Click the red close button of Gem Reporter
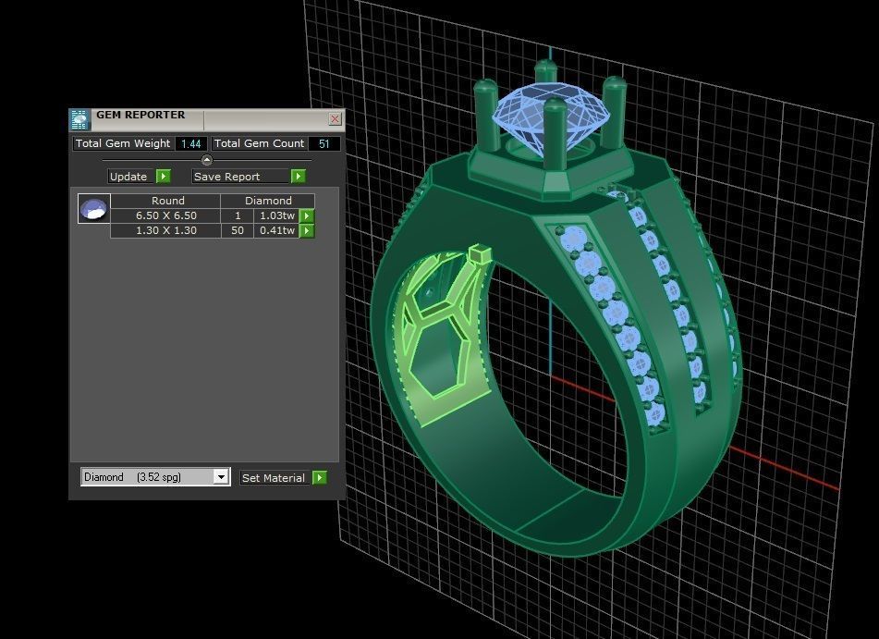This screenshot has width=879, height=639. point(335,118)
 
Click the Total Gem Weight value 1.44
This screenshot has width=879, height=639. point(191,143)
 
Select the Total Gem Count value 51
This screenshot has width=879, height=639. point(324,143)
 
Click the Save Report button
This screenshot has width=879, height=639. point(248,177)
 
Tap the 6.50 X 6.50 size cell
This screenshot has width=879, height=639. point(166,215)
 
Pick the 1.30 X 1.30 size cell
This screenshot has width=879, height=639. point(166,230)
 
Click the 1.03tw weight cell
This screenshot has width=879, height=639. point(276,215)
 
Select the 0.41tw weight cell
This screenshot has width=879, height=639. point(276,230)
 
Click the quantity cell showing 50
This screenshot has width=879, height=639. point(238,230)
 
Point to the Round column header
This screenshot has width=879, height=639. point(167,201)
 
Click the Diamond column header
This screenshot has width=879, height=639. point(268,201)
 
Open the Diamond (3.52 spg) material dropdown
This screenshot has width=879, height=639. point(220,477)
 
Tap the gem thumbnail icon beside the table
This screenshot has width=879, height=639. point(93,209)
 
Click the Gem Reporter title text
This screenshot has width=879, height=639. point(140,116)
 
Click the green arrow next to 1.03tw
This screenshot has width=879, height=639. point(307,215)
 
